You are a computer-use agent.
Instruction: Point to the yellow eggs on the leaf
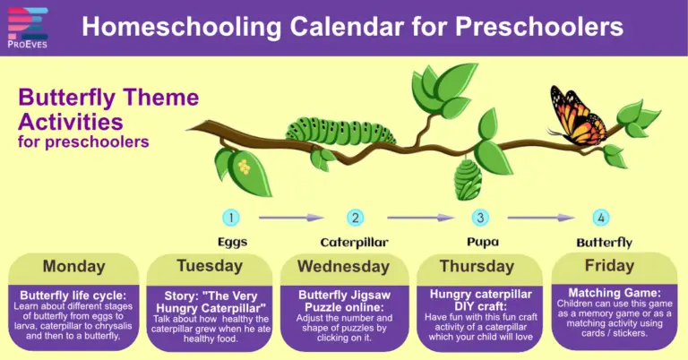click(x=242, y=167)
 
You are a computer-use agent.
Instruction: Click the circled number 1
click(x=231, y=217)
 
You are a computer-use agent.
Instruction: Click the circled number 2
click(x=356, y=217)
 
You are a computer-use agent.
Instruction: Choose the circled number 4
click(x=601, y=217)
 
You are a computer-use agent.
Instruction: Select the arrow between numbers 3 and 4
click(x=541, y=217)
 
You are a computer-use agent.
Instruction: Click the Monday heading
click(x=74, y=266)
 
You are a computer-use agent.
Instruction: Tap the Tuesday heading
click(x=209, y=265)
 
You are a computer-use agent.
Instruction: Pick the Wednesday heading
click(x=343, y=266)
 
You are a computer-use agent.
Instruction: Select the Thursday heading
click(x=478, y=266)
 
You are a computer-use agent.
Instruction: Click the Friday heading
click(x=609, y=265)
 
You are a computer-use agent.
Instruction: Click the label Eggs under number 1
click(x=232, y=242)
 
